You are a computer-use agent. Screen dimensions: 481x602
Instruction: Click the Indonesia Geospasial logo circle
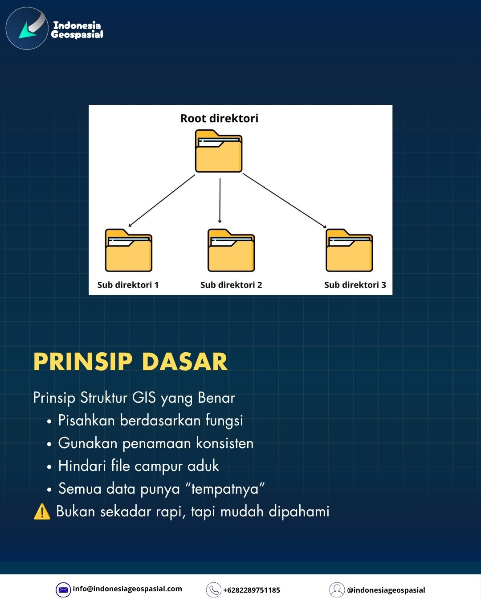coord(27,28)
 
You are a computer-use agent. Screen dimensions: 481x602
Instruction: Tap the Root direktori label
coord(220,118)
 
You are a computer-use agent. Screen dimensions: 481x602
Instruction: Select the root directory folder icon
coord(219,151)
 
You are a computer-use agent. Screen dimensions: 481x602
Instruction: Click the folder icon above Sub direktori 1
coord(129,250)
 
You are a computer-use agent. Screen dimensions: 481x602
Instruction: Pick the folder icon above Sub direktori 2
coord(231,250)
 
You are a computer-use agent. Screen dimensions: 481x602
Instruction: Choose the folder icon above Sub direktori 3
coord(349,250)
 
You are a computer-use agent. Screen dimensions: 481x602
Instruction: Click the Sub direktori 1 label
coord(128,285)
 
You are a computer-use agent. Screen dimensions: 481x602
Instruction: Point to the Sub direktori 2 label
coord(231,285)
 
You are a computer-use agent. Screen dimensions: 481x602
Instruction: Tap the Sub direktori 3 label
coord(355,285)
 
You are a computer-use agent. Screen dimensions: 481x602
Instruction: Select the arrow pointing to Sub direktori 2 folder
coord(220,201)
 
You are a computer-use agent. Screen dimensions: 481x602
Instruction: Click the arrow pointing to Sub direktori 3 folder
coord(285,201)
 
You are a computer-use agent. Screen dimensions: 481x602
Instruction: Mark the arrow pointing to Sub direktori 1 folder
coord(162,201)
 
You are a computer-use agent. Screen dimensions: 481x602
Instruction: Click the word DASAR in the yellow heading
coord(185,362)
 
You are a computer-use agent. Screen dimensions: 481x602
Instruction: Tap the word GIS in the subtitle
coord(144,397)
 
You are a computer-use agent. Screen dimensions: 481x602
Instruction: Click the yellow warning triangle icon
coord(42,511)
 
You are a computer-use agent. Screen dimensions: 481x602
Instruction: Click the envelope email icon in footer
coord(63,590)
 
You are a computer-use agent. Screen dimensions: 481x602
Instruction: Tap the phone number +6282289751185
coord(252,590)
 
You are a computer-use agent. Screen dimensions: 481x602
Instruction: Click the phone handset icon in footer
coord(214,590)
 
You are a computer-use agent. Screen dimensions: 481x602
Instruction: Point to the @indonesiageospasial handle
coord(386,590)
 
